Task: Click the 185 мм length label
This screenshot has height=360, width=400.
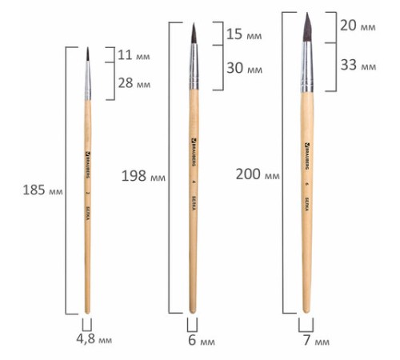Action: point(45,191)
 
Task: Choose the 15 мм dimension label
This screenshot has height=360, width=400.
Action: point(244,35)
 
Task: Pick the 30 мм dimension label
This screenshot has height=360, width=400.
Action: point(244,69)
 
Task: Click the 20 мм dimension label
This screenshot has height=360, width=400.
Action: point(356,26)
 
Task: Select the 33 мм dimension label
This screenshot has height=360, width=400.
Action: point(356,64)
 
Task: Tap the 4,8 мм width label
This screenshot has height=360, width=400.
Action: point(94,340)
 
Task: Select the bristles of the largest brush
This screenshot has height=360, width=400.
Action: point(308,29)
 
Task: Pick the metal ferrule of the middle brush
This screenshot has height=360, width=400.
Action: point(193,70)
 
